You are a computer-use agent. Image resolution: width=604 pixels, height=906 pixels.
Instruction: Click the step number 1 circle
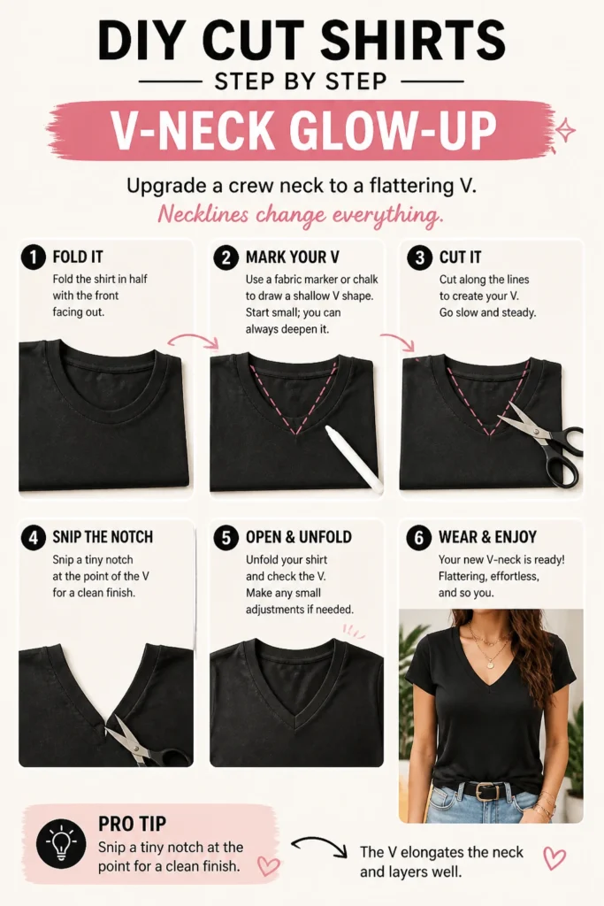tap(33, 257)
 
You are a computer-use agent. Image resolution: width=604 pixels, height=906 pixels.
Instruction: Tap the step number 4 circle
tap(33, 537)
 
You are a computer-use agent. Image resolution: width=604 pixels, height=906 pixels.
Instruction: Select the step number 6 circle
tap(418, 537)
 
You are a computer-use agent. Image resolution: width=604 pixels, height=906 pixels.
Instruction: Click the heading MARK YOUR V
tap(292, 257)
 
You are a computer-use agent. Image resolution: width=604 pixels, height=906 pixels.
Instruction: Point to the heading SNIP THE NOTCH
tap(103, 537)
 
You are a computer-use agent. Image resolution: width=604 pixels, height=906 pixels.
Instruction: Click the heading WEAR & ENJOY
tap(487, 537)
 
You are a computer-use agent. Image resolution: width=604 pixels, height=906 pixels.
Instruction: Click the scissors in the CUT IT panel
tap(543, 442)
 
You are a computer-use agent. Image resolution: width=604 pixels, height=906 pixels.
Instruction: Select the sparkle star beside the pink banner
tap(565, 131)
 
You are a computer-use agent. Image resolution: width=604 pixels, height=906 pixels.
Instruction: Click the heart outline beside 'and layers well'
tap(554, 857)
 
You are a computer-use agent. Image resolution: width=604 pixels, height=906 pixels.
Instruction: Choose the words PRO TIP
tap(133, 823)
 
